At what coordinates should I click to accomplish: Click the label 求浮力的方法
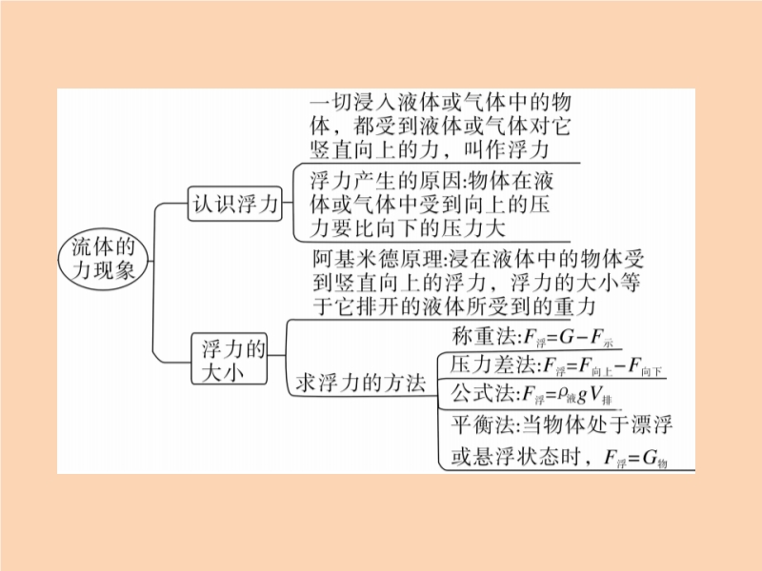point(361,383)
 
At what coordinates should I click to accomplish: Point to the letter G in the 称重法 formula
point(567,337)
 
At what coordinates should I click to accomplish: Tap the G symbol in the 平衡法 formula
point(650,458)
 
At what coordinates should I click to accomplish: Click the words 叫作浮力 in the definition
point(506,149)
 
